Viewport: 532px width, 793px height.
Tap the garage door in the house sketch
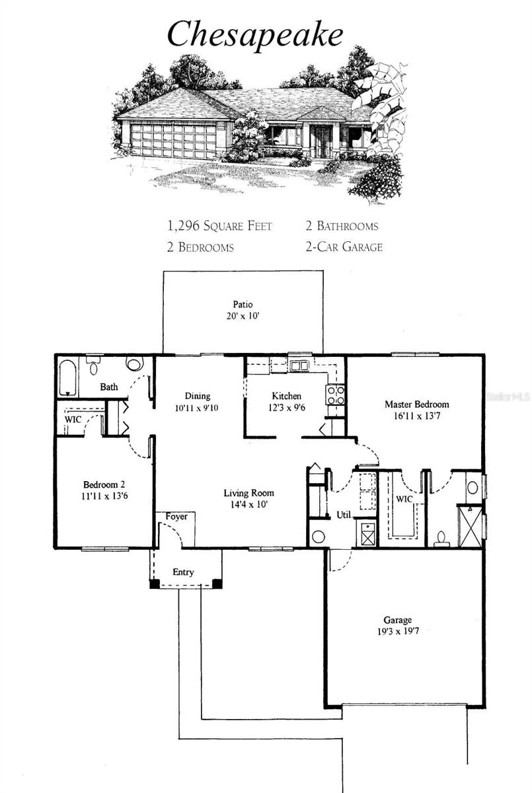point(173,141)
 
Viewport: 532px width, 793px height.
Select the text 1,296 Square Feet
point(219,226)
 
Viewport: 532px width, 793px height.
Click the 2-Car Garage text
point(344,246)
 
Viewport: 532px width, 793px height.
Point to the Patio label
point(243,305)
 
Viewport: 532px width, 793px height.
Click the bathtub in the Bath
point(67,378)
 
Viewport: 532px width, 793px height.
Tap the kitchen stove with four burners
point(335,395)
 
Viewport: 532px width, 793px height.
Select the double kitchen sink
point(299,365)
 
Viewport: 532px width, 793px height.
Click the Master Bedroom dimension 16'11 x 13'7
point(417,416)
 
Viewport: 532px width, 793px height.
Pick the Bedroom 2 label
point(104,484)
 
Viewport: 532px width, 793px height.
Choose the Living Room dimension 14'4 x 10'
point(249,504)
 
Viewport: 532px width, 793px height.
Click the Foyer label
point(176,517)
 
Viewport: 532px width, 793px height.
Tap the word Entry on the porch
point(183,572)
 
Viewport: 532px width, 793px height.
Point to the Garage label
point(397,620)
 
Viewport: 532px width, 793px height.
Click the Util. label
point(344,515)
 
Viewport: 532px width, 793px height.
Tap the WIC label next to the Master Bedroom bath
point(404,499)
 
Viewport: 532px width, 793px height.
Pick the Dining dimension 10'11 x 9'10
point(197,408)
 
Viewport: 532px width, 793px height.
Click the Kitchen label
point(287,396)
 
